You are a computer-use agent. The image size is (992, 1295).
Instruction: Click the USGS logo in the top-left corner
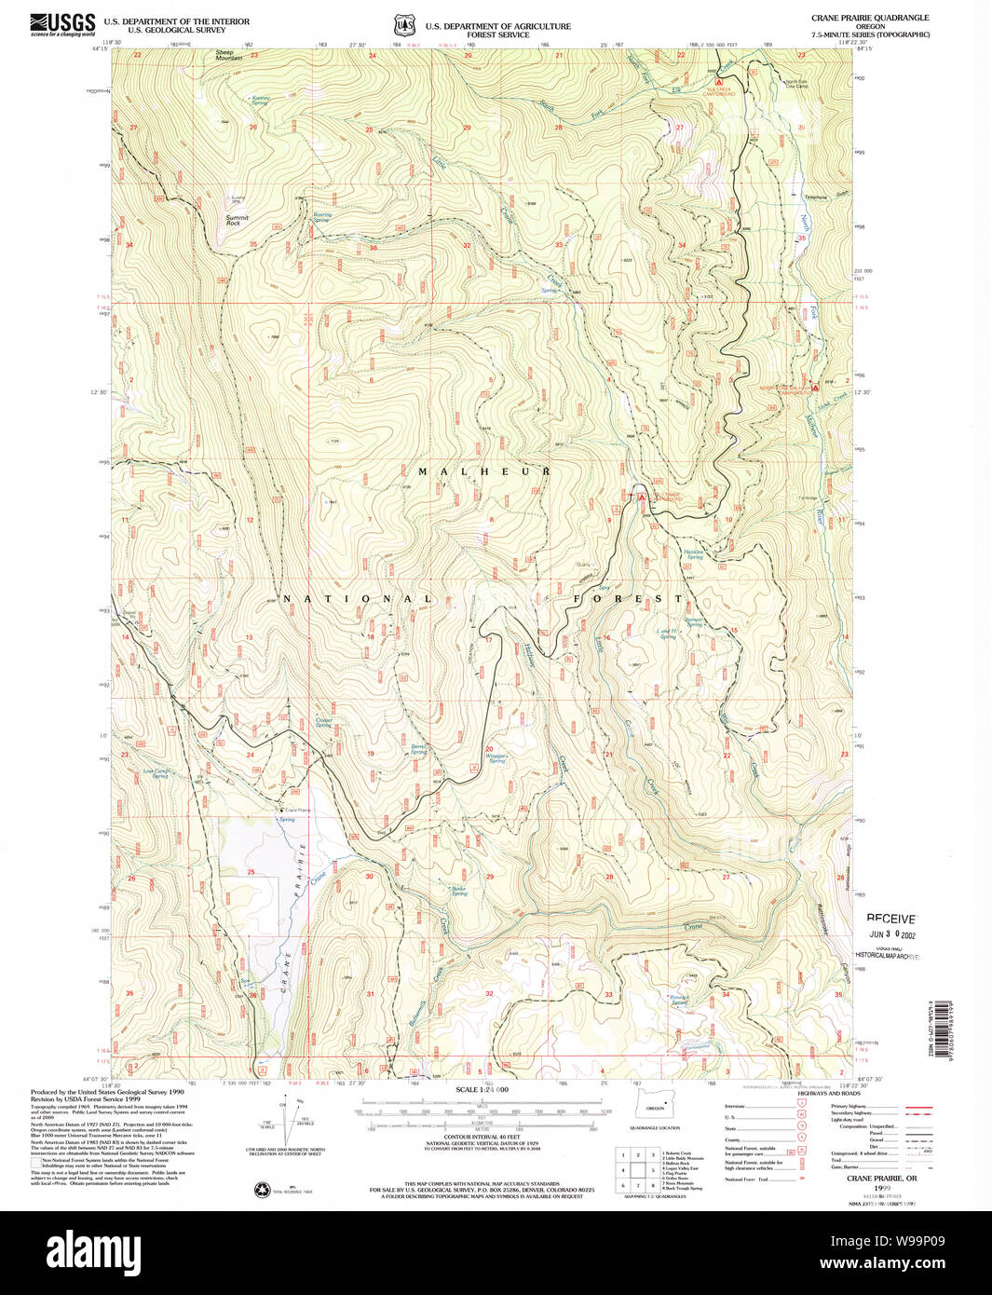tap(62, 24)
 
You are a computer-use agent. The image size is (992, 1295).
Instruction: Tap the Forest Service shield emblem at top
tap(402, 25)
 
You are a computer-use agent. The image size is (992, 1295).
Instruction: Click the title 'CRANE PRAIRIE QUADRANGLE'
tap(870, 18)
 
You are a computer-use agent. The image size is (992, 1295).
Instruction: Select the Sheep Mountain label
tap(228, 56)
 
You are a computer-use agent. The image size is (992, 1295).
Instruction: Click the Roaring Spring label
tap(321, 217)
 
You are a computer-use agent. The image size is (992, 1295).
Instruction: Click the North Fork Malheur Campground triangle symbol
tap(815, 386)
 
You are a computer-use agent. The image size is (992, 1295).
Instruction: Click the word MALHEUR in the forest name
tap(483, 472)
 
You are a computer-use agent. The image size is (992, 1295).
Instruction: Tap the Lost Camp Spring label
tap(156, 773)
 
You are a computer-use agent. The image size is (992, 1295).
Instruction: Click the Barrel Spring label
tap(419, 748)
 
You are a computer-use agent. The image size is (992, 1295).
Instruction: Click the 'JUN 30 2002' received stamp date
tap(891, 934)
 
